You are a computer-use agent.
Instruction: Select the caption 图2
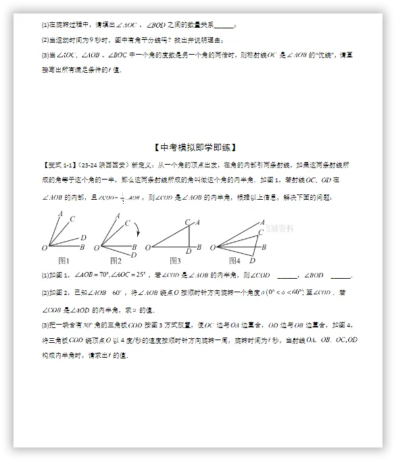tap(116, 261)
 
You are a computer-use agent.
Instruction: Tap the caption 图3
tap(175, 261)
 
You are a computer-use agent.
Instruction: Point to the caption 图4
tap(234, 261)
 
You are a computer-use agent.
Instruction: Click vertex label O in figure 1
tap(44, 248)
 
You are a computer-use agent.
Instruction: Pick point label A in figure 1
tap(61, 215)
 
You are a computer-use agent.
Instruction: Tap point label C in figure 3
tap(187, 222)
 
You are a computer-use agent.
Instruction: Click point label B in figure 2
tap(135, 246)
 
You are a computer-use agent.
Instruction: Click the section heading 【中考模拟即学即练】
tap(198, 147)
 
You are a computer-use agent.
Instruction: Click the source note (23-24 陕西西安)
tap(103, 164)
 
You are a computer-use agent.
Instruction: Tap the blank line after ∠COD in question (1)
tap(287, 275)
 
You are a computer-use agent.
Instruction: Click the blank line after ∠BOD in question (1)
tap(341, 275)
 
